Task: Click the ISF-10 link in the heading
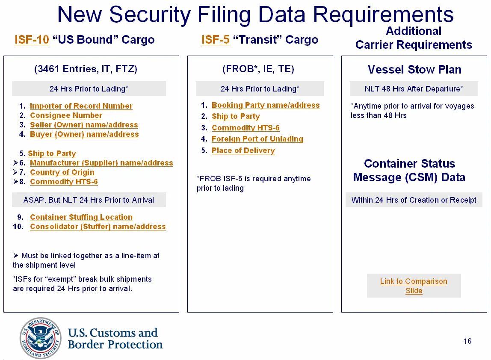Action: (x=32, y=40)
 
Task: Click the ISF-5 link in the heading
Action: (x=215, y=40)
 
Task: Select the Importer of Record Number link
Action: (x=81, y=106)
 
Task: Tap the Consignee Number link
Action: (x=66, y=115)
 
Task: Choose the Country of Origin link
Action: (x=62, y=172)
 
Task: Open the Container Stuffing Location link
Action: (x=81, y=217)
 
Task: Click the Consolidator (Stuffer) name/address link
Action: (x=98, y=227)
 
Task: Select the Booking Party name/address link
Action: (x=266, y=105)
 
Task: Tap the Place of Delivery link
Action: (x=243, y=150)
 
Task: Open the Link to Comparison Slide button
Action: (x=414, y=286)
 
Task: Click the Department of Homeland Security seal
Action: (x=41, y=338)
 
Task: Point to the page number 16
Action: (x=467, y=341)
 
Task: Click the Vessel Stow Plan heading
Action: (x=414, y=70)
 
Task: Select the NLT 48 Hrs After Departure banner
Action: (x=414, y=89)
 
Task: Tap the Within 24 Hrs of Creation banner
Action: (x=414, y=200)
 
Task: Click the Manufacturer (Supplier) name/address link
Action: (x=101, y=163)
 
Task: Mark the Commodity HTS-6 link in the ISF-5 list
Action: (x=245, y=128)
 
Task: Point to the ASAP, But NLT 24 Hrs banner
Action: (x=89, y=200)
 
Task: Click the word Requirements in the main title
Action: (x=383, y=15)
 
